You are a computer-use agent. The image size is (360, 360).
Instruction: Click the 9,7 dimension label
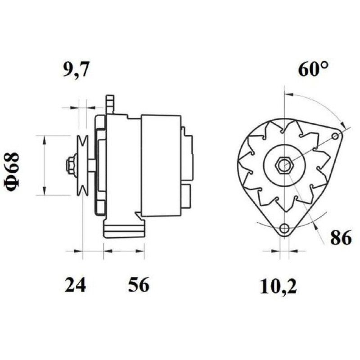[x=76, y=69]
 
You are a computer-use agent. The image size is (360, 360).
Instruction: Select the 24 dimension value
[x=75, y=285]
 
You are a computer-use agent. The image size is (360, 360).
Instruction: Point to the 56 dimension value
[x=139, y=284]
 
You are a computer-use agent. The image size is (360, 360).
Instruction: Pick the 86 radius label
[x=341, y=238]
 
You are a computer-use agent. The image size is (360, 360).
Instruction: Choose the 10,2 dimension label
[x=278, y=287]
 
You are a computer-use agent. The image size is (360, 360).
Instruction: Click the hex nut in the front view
[x=284, y=165]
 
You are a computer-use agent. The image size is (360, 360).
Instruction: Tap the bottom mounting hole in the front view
[x=284, y=229]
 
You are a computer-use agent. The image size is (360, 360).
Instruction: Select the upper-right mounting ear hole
[x=335, y=137]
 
